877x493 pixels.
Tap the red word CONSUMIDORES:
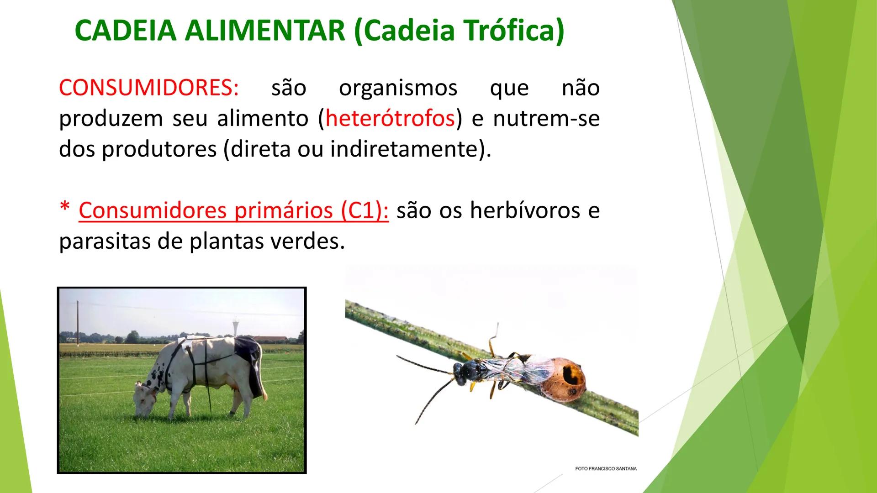point(149,88)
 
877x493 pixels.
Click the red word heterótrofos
point(390,119)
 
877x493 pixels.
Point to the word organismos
point(398,88)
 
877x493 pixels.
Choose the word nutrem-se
point(546,119)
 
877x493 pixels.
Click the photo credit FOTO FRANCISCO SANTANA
point(605,469)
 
